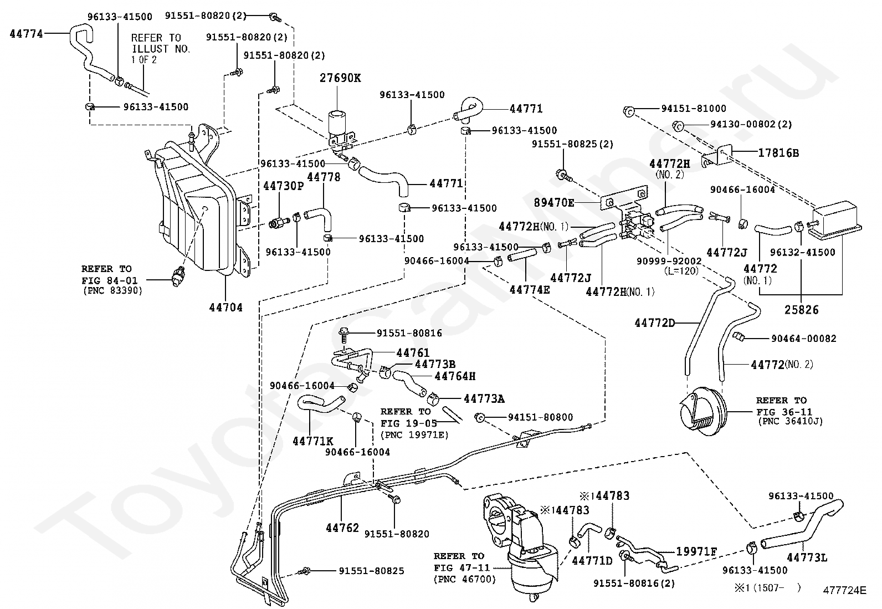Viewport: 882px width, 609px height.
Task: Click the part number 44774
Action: point(26,33)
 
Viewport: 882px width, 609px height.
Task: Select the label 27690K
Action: point(340,78)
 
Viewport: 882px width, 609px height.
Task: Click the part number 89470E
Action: point(554,203)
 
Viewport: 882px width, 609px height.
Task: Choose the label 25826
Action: point(801,310)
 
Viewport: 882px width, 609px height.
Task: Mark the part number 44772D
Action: point(655,323)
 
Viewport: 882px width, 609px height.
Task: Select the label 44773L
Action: point(807,557)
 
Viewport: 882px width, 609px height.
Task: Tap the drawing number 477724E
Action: point(844,591)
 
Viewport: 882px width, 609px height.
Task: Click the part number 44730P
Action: point(284,186)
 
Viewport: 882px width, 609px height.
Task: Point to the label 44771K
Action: point(312,441)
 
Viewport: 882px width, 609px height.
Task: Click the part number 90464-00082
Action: point(803,338)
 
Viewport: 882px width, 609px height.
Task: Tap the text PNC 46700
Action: point(464,580)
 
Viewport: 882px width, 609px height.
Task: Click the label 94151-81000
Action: point(693,108)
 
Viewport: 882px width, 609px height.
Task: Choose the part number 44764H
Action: point(455,376)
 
